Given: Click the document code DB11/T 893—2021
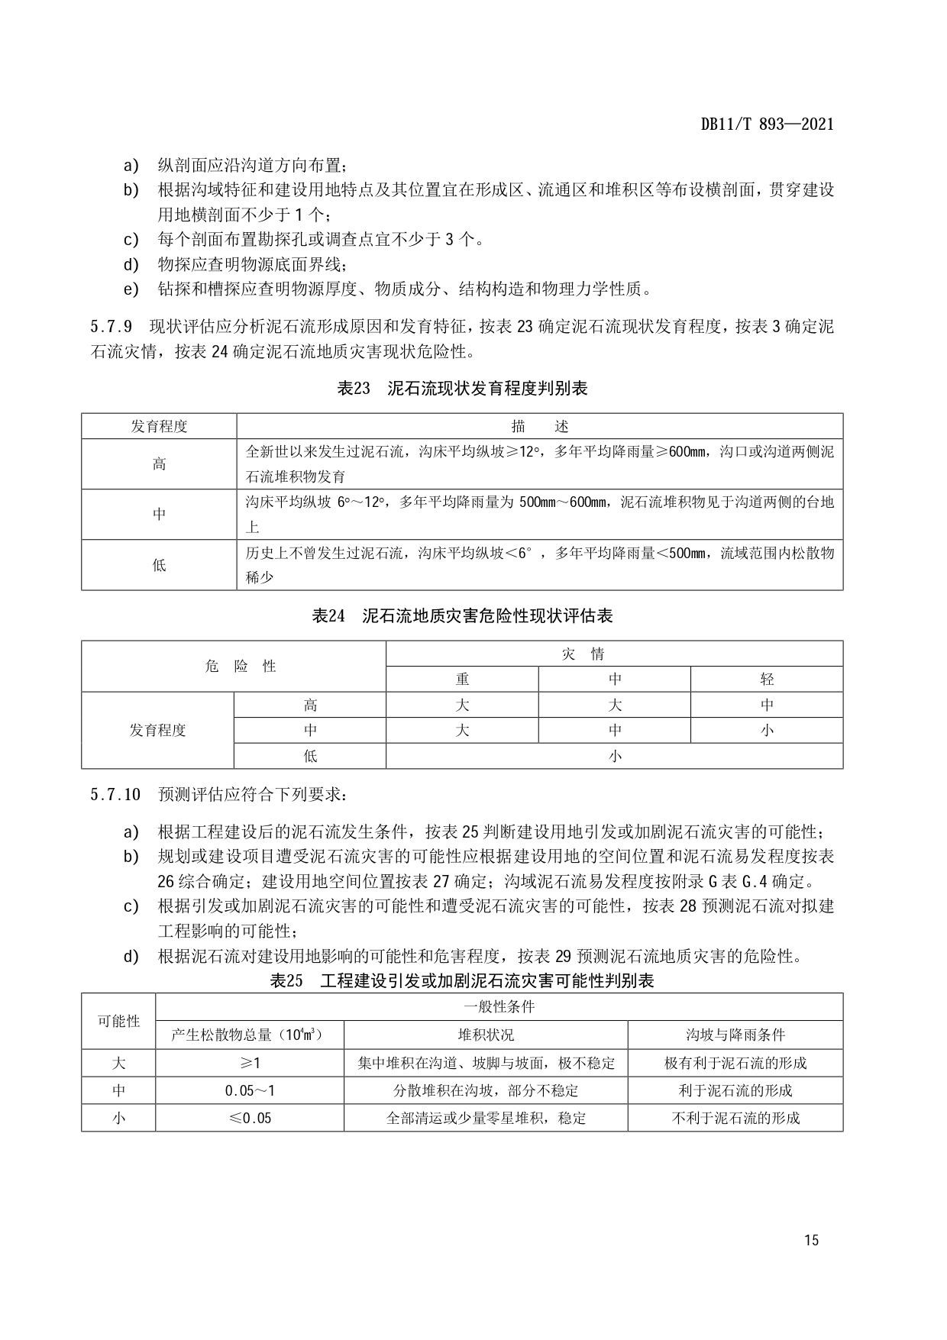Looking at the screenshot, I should tap(767, 124).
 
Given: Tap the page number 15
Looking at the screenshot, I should tap(811, 1240).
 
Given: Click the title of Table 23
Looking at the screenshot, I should tap(462, 389).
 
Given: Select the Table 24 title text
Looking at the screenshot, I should tap(462, 615).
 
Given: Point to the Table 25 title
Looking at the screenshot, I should tap(462, 981).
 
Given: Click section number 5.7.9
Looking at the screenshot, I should tap(111, 328).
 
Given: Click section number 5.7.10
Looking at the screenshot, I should tap(115, 794).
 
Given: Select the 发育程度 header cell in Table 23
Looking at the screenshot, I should tap(159, 426).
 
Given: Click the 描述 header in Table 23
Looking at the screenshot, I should tap(539, 426).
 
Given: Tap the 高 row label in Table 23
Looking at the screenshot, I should tap(159, 463).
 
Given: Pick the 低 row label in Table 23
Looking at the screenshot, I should tap(159, 565).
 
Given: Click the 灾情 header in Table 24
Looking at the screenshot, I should tap(614, 654).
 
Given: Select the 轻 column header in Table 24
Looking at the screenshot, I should tap(767, 679).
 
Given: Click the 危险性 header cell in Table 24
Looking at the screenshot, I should tap(234, 666).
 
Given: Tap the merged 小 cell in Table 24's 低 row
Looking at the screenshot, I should tap(614, 756).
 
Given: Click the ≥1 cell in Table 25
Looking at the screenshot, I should tap(250, 1063).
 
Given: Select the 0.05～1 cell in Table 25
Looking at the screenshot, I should tap(250, 1090).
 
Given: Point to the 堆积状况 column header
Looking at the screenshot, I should tap(486, 1035).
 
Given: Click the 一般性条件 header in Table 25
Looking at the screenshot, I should tap(499, 1006).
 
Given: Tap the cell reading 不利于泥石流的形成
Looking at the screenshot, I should tap(735, 1118).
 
